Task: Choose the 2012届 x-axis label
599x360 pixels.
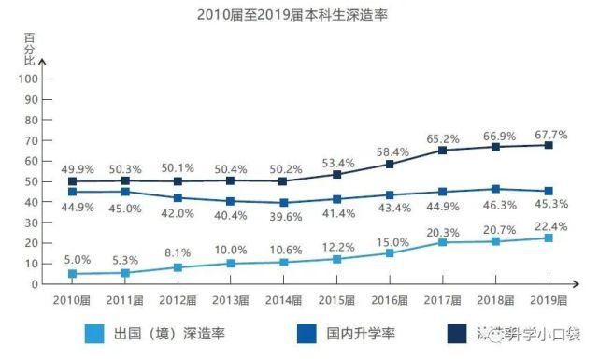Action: click(x=178, y=300)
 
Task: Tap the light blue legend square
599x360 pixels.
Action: click(x=93, y=333)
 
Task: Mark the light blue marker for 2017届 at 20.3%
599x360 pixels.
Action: click(x=443, y=242)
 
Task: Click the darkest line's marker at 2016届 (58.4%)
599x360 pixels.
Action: click(x=390, y=164)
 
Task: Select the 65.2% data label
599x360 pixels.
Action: click(x=443, y=137)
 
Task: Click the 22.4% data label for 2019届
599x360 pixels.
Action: click(x=549, y=224)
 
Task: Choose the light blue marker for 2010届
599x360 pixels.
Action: click(x=72, y=274)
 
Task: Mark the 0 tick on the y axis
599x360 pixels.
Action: click(x=34, y=284)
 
